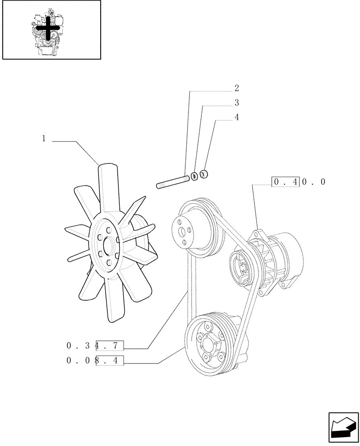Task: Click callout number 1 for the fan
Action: [x=44, y=139]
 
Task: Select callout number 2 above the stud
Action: [x=237, y=88]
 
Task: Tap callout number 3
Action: [x=237, y=103]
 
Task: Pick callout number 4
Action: [x=237, y=118]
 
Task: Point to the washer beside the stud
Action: [x=194, y=176]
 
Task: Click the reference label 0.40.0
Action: [x=299, y=182]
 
